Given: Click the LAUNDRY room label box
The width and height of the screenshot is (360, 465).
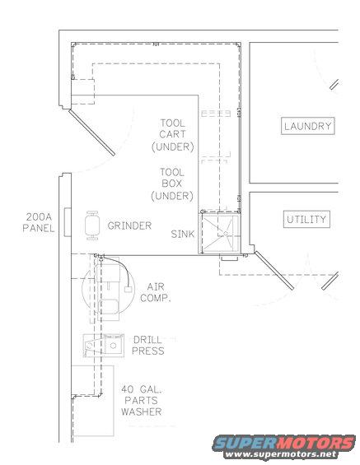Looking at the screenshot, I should tap(307, 127).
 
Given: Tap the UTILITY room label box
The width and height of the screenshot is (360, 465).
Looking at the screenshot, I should tap(306, 220).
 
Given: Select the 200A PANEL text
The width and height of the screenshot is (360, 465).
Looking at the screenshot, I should tap(39, 223).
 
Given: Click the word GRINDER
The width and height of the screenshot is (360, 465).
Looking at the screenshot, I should tap(130, 225).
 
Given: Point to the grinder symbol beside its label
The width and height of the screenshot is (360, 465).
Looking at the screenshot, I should tap(91, 224).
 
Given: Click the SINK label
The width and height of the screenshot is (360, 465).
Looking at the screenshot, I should tap(183, 235).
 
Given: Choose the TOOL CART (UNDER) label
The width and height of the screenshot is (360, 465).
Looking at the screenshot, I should tap(172, 135).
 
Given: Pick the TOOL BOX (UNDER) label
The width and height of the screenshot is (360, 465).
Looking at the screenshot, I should tap(172, 184).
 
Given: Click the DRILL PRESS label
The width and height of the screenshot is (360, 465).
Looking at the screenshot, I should tap(148, 345).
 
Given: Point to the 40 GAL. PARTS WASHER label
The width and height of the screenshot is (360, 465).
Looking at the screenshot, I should tap(141, 401).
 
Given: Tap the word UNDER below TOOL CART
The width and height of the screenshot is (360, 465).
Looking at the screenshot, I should tap(172, 147).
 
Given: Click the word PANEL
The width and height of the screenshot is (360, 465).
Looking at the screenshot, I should tap(39, 229).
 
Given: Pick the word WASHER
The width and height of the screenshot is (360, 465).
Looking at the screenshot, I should tap(141, 412).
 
